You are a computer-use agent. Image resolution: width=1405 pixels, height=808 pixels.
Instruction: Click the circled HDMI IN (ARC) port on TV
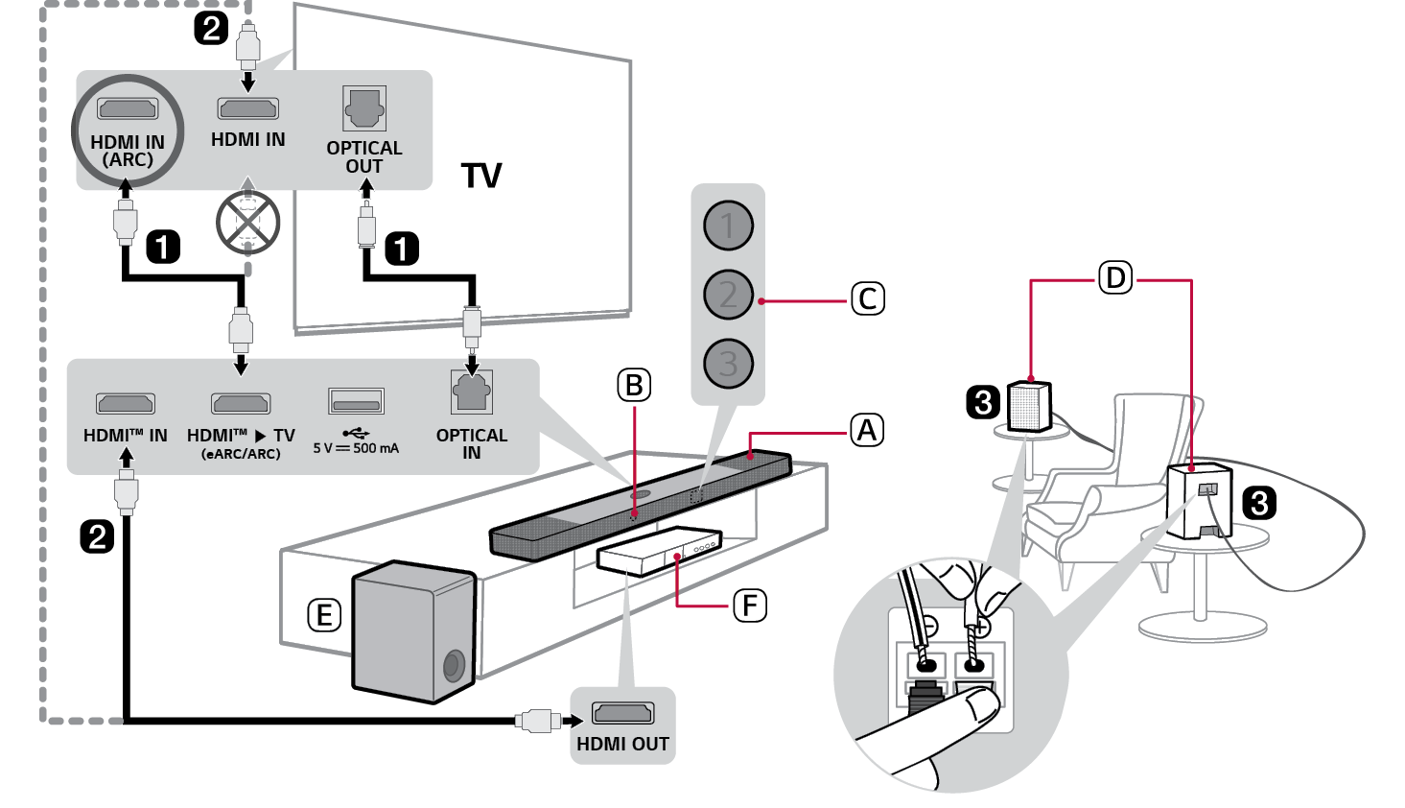(x=128, y=109)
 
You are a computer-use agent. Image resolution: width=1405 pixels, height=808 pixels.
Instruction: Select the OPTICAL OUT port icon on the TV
(x=364, y=108)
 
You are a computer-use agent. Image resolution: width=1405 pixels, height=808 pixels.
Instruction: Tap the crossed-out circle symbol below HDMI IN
(x=248, y=223)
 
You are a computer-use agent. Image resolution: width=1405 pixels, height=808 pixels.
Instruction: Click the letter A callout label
(x=867, y=430)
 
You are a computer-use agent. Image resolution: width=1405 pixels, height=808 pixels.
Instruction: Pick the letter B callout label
(x=633, y=385)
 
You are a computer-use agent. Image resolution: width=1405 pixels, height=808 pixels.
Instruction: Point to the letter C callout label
(x=868, y=298)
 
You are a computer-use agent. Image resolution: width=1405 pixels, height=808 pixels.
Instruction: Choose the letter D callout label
(x=1115, y=278)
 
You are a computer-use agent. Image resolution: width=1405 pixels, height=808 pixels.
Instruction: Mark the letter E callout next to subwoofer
(x=324, y=615)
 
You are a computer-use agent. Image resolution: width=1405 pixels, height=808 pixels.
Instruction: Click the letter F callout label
(x=750, y=606)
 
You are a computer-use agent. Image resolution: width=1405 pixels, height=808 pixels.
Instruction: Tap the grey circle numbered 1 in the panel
(x=728, y=226)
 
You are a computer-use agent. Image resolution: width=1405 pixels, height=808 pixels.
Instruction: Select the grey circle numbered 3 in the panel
(x=728, y=364)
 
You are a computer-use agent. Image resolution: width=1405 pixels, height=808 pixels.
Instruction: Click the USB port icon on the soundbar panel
(x=356, y=400)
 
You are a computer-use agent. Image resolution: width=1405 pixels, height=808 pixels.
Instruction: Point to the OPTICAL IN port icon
(x=471, y=392)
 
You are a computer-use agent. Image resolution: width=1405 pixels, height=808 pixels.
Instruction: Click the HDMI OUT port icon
(x=622, y=713)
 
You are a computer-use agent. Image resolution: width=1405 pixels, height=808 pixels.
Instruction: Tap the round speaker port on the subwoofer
(x=454, y=665)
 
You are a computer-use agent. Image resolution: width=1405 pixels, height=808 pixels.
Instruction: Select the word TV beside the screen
(x=481, y=176)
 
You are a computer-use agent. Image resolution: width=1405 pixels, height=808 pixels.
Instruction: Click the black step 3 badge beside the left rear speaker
(x=983, y=401)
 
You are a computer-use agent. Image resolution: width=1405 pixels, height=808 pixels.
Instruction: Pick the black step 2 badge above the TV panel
(x=211, y=28)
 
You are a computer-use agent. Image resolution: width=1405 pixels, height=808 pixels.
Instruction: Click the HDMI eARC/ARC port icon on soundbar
(x=241, y=403)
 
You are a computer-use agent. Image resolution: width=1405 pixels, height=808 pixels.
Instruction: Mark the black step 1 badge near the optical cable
(x=402, y=249)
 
